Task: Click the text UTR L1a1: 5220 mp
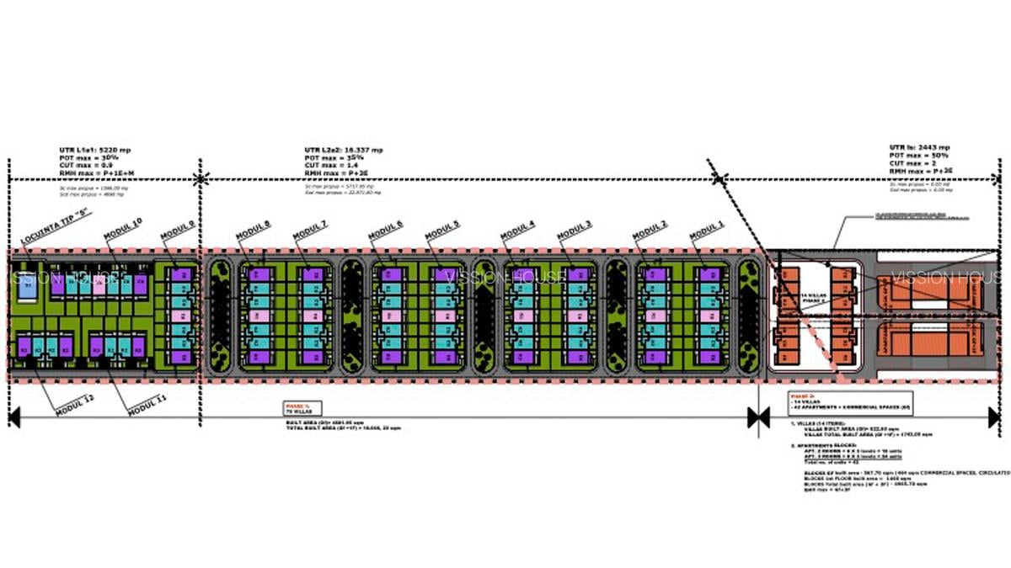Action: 94,150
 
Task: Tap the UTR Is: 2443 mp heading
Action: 919,147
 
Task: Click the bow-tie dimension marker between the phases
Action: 758,416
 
